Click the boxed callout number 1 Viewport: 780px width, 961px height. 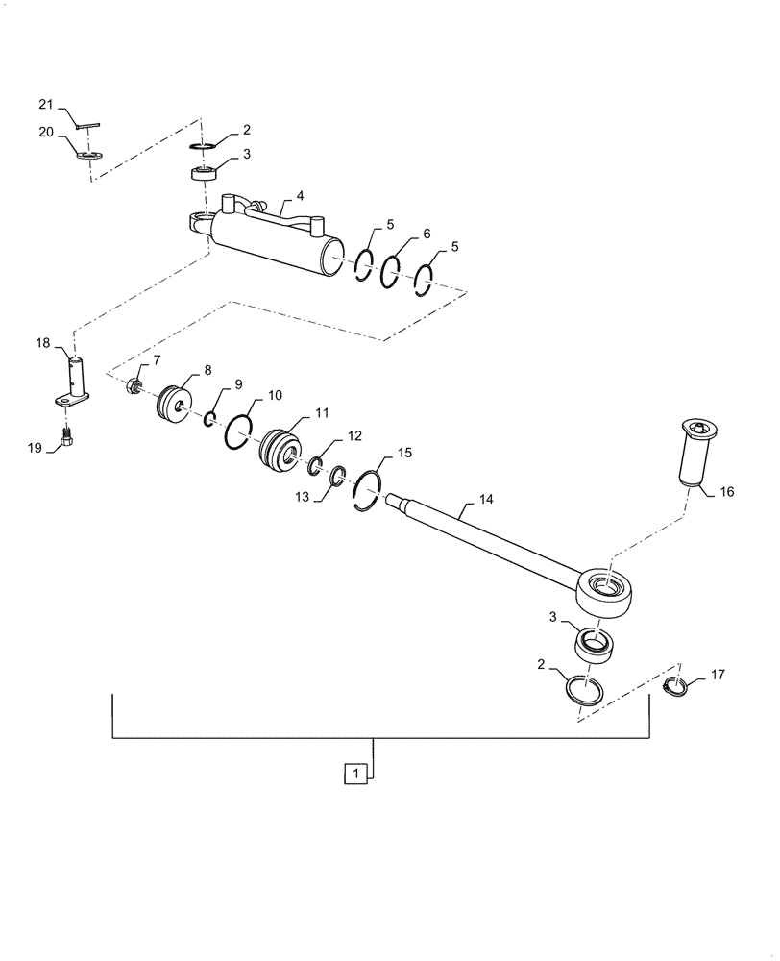(x=355, y=774)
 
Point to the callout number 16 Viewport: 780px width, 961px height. (x=725, y=491)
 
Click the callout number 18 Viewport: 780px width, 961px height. (x=43, y=342)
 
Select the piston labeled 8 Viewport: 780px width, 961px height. (x=175, y=403)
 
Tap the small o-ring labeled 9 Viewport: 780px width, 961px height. (x=209, y=418)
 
